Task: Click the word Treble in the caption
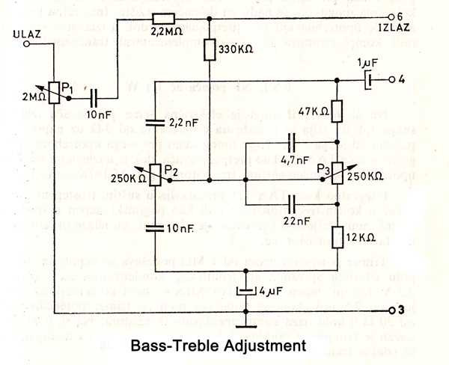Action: tap(213, 346)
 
